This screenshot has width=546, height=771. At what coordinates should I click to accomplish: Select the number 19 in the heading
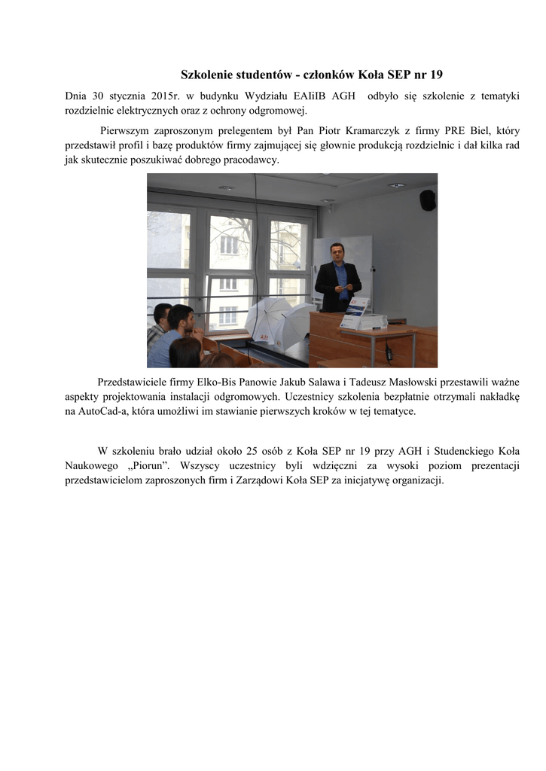pos(435,75)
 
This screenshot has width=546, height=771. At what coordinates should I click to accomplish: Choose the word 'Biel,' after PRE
pos(478,130)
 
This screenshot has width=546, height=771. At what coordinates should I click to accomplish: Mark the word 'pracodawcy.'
pos(249,160)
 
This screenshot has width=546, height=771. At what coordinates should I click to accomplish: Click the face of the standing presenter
pos(337,252)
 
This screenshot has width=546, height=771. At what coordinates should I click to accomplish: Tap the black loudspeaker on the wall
pos(427,200)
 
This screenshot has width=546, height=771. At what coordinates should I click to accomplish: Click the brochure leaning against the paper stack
pos(354,313)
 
